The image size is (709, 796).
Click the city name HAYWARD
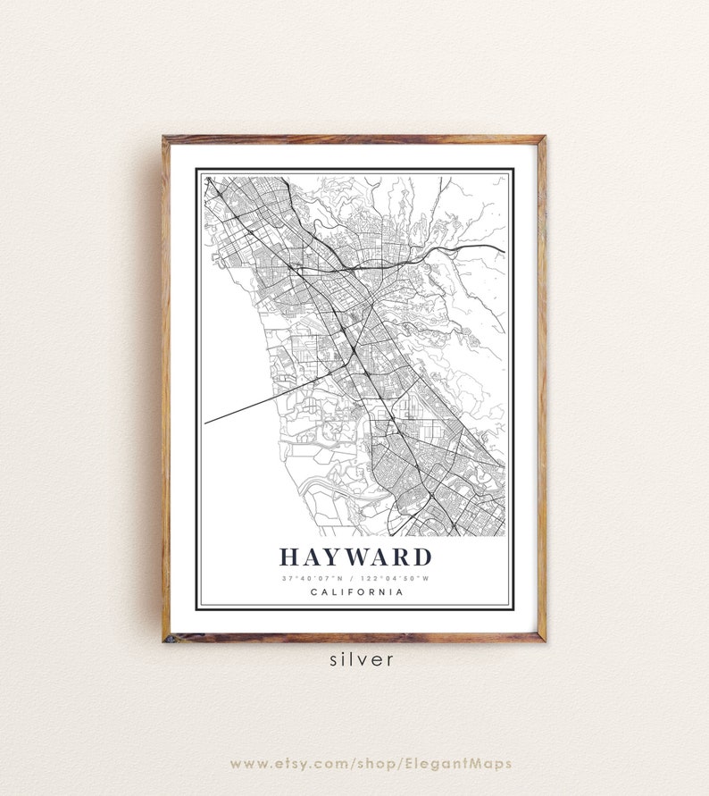point(355,557)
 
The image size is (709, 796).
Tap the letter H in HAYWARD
point(289,557)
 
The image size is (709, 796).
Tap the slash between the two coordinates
point(355,578)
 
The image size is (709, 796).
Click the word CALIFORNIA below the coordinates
point(355,591)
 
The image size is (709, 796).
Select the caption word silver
point(361,660)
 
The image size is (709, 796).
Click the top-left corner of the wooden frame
point(164,138)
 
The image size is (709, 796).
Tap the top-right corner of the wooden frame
point(544,138)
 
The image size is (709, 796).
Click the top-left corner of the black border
point(196,169)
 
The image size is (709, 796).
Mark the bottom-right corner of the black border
point(513,609)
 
